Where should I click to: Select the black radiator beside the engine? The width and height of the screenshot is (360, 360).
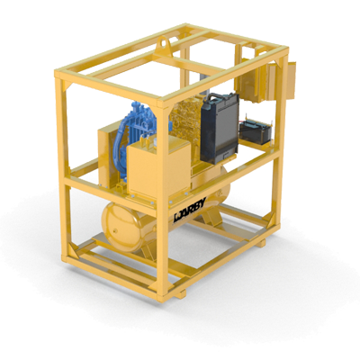[220, 129]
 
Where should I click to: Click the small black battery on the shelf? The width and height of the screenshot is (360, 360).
[256, 131]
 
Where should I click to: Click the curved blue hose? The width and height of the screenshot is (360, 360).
[120, 146]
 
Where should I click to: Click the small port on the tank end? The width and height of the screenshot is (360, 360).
[115, 231]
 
